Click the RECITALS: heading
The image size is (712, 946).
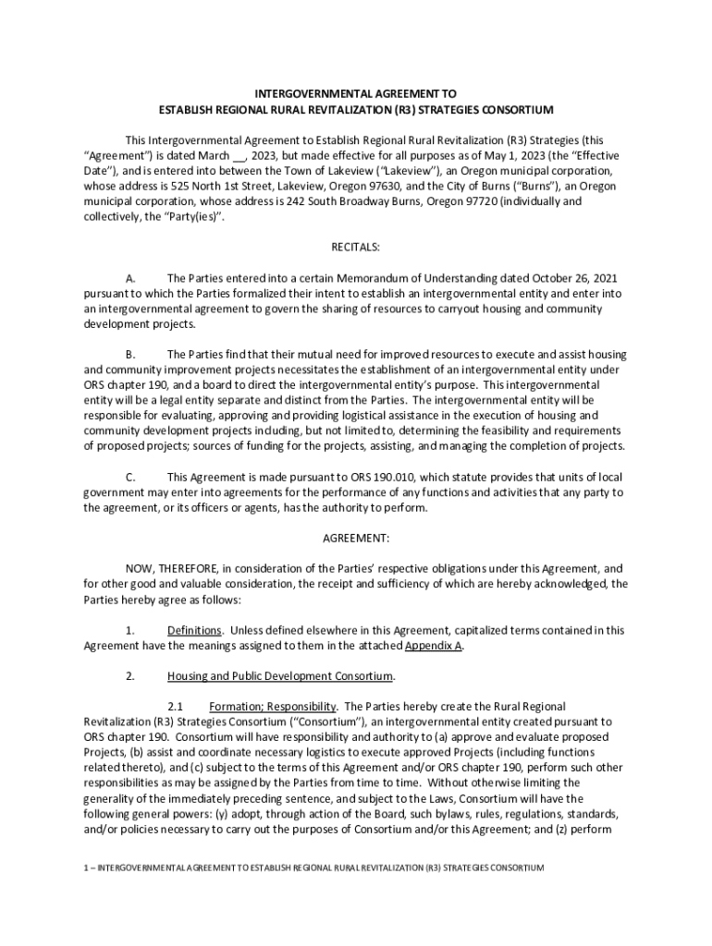click(x=355, y=248)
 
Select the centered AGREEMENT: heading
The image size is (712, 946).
click(x=355, y=538)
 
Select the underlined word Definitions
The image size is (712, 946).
click(x=194, y=631)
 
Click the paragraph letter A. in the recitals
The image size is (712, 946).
click(x=130, y=278)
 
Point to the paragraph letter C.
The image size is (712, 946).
click(x=130, y=478)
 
